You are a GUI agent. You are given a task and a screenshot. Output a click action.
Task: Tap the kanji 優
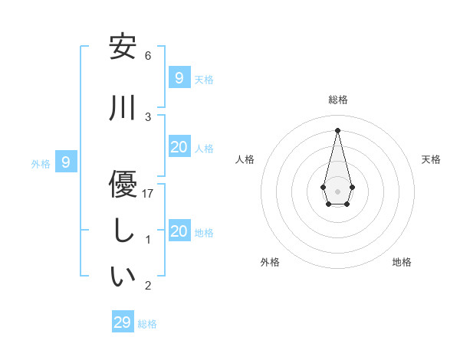coord(123,184)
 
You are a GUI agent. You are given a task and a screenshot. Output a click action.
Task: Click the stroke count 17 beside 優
coord(148,194)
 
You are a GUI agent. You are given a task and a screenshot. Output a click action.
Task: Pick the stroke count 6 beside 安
coord(148,56)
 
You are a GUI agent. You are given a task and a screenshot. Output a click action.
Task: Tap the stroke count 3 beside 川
coord(148,117)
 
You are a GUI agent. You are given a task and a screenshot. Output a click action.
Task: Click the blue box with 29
coord(123,322)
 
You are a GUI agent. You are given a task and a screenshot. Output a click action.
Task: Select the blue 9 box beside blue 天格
coord(179,77)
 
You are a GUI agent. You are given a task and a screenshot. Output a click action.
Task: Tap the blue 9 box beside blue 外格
coord(67,162)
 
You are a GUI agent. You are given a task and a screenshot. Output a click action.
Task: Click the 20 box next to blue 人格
coord(179,147)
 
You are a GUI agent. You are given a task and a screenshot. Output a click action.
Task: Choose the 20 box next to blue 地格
coord(179,231)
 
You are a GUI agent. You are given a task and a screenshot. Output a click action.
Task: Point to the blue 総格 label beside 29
coord(147,324)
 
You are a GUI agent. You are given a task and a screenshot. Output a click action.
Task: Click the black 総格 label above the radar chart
coord(337,100)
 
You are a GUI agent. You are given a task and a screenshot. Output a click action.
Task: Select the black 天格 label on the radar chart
coord(431,159)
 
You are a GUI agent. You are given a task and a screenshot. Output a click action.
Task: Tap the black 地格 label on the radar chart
coord(402,262)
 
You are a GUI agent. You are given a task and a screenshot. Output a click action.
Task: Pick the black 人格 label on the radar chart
coord(245,159)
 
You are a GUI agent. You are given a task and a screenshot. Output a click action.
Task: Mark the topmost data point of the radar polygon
coord(337,130)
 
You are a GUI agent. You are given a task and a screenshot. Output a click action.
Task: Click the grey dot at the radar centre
coord(337,191)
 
